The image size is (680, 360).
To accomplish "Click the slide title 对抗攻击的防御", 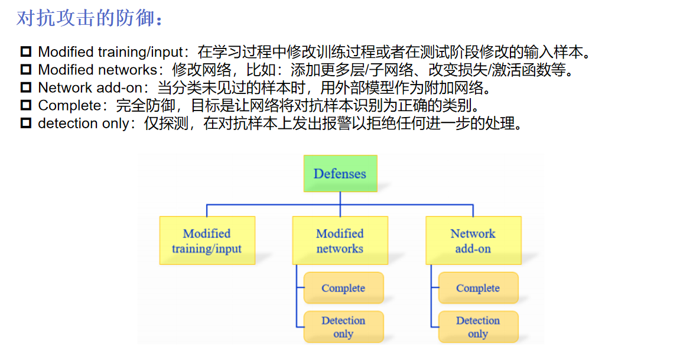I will (x=89, y=18).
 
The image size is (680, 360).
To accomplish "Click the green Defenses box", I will (x=340, y=173).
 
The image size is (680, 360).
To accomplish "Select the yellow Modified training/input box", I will (x=207, y=241).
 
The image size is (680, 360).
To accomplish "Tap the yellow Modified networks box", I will (x=340, y=241).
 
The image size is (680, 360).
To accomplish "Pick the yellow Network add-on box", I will (x=473, y=241).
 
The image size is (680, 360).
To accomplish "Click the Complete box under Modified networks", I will (x=343, y=288).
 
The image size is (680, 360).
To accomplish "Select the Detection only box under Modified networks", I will (x=343, y=327).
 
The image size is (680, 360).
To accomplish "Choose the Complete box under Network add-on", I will (x=478, y=288).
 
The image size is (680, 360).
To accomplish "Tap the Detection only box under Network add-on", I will (x=478, y=327).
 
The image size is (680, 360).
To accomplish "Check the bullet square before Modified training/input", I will (x=25, y=52).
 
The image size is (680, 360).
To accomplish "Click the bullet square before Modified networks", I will (x=25, y=70).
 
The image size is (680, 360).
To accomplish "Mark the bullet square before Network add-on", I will (x=25, y=88).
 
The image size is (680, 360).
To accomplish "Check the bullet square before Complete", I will (x=25, y=106).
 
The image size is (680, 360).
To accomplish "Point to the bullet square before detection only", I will (x=25, y=124).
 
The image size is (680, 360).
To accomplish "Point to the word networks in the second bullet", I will (x=128, y=70).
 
